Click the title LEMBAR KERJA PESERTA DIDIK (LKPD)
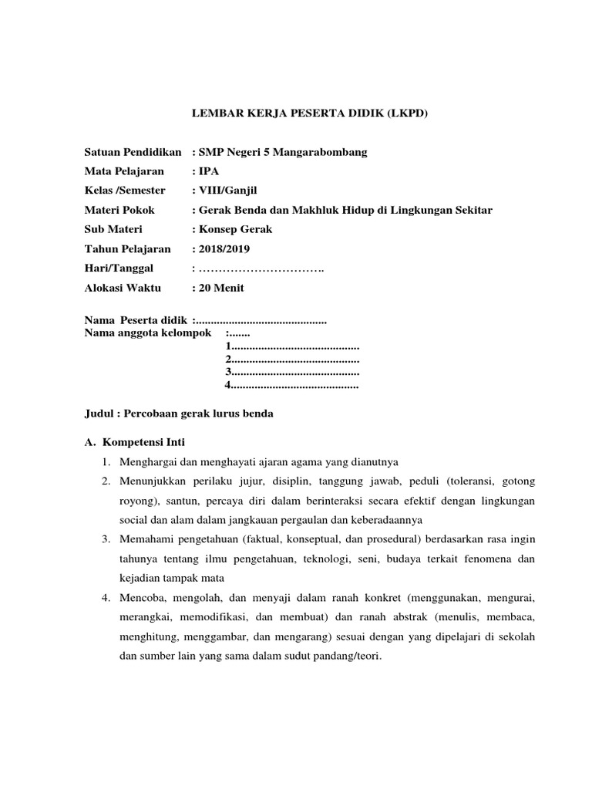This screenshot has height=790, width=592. (x=308, y=113)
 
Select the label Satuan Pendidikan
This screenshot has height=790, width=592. (x=132, y=152)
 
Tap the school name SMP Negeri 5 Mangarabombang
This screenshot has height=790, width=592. (x=283, y=152)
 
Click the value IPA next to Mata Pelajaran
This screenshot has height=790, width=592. (x=209, y=171)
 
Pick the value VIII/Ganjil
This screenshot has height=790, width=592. (x=224, y=191)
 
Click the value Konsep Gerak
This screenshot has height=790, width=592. (x=235, y=229)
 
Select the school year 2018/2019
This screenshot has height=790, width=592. (x=224, y=248)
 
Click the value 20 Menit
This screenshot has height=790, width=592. (x=223, y=288)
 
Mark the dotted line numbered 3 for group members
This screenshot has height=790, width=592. (x=292, y=372)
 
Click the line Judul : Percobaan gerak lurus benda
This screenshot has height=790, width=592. (x=178, y=414)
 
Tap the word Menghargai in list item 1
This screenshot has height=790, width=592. (x=147, y=462)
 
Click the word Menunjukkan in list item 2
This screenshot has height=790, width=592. (x=151, y=481)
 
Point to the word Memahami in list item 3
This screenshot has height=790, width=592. (x=144, y=539)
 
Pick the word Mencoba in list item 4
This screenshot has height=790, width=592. (x=140, y=597)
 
